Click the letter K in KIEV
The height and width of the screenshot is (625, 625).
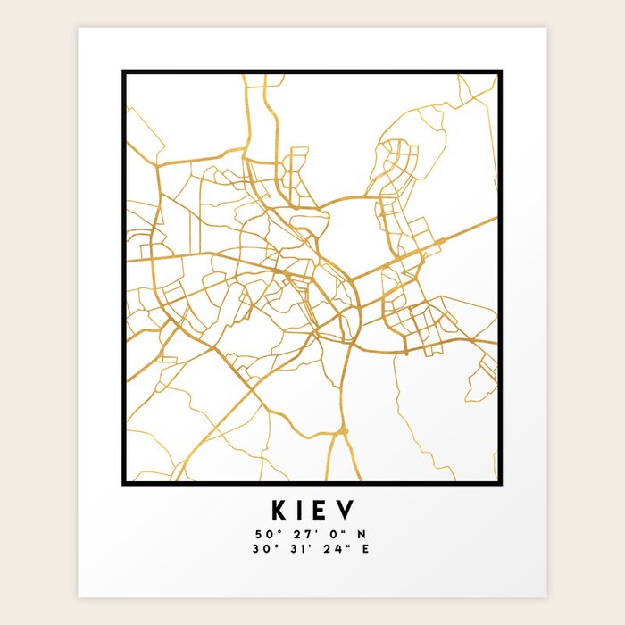pos(278,510)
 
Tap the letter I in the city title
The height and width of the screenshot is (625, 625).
pos(301,510)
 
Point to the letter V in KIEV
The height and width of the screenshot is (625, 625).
pos(346,510)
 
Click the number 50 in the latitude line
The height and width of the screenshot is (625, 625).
pos(261,535)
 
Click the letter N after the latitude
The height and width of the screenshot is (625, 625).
pos(362,535)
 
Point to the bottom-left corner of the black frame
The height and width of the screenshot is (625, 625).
pos(124,483)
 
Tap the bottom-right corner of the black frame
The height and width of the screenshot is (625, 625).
pos(500,483)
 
